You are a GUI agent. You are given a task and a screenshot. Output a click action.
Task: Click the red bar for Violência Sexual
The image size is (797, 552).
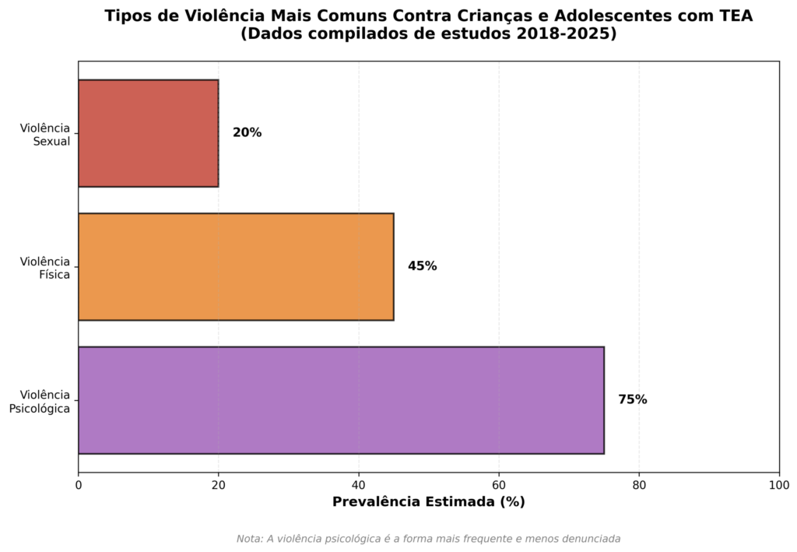[148, 133]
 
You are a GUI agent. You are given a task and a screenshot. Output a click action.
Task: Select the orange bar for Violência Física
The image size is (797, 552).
[236, 266]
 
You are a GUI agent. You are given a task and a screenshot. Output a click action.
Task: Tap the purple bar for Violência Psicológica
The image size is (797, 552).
[341, 400]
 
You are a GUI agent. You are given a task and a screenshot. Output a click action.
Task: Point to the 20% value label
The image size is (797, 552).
[247, 133]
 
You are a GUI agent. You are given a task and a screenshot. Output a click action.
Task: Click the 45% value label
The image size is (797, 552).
[422, 266]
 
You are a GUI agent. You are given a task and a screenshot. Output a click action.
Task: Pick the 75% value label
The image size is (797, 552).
[632, 400]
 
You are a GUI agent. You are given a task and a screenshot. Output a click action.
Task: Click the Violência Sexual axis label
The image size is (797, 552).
[45, 134]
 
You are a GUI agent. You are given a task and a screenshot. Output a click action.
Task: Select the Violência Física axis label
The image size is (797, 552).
[45, 268]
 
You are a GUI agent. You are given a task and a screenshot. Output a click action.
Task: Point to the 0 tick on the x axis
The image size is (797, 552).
[79, 485]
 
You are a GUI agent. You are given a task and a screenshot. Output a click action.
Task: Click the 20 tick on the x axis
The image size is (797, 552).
[219, 485]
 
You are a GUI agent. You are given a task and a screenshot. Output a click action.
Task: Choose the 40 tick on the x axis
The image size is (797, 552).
[359, 485]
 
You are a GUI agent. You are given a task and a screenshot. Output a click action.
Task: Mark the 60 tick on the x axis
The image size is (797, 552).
[499, 485]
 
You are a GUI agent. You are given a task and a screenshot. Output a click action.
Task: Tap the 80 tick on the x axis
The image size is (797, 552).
[639, 485]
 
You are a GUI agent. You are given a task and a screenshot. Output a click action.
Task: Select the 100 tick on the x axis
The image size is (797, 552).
[778, 485]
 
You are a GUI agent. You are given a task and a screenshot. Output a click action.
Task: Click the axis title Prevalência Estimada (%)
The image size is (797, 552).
[428, 502]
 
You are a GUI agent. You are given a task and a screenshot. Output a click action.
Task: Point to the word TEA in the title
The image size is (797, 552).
[736, 16]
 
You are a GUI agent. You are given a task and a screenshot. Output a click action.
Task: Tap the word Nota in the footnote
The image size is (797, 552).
[249, 538]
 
